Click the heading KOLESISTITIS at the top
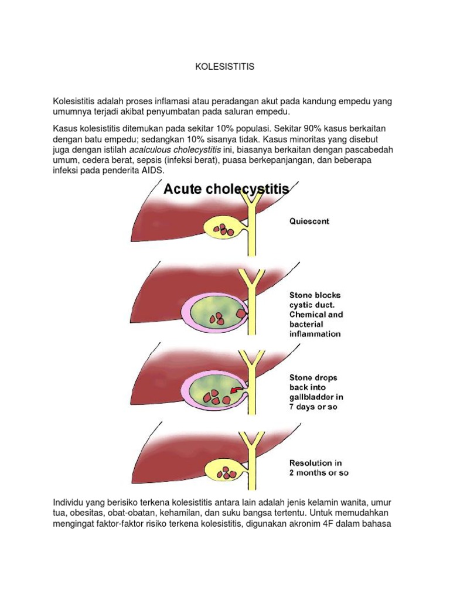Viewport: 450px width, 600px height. click(225, 67)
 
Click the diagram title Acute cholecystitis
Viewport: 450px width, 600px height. click(226, 189)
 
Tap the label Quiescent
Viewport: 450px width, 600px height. click(309, 221)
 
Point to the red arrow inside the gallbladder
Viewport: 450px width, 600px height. click(237, 388)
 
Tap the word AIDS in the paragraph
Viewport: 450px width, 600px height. click(155, 171)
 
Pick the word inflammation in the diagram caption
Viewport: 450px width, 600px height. click(315, 334)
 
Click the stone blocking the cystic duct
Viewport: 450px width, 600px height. click(241, 314)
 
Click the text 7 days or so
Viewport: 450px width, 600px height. click(313, 407)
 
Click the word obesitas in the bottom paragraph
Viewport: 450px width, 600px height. click(87, 513)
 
